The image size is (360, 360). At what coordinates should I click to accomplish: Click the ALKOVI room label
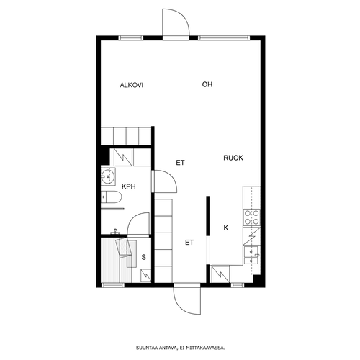tap(132, 85)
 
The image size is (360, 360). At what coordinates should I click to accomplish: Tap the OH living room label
tap(207, 84)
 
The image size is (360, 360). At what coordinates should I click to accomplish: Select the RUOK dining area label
tap(233, 158)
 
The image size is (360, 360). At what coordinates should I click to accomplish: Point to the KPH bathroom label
tap(129, 186)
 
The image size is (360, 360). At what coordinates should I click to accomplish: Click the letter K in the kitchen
tap(226, 228)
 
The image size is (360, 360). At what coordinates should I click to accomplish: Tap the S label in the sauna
tap(143, 257)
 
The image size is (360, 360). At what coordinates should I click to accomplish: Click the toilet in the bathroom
tap(112, 197)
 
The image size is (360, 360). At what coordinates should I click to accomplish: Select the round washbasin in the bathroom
tap(107, 176)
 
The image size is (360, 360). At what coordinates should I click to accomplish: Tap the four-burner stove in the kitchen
tap(251, 217)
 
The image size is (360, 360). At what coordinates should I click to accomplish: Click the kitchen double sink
tap(251, 255)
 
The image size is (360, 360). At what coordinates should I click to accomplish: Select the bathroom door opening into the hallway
tap(165, 181)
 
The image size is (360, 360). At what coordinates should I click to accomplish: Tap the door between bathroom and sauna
tap(138, 225)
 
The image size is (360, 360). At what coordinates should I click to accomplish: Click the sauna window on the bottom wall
tap(112, 285)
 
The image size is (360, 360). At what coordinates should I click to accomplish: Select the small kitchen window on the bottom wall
tap(238, 285)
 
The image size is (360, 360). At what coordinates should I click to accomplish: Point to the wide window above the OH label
tap(224, 38)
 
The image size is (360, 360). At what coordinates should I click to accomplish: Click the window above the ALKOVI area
tap(131, 38)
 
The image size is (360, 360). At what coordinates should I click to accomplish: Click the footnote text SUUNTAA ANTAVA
tap(157, 348)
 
